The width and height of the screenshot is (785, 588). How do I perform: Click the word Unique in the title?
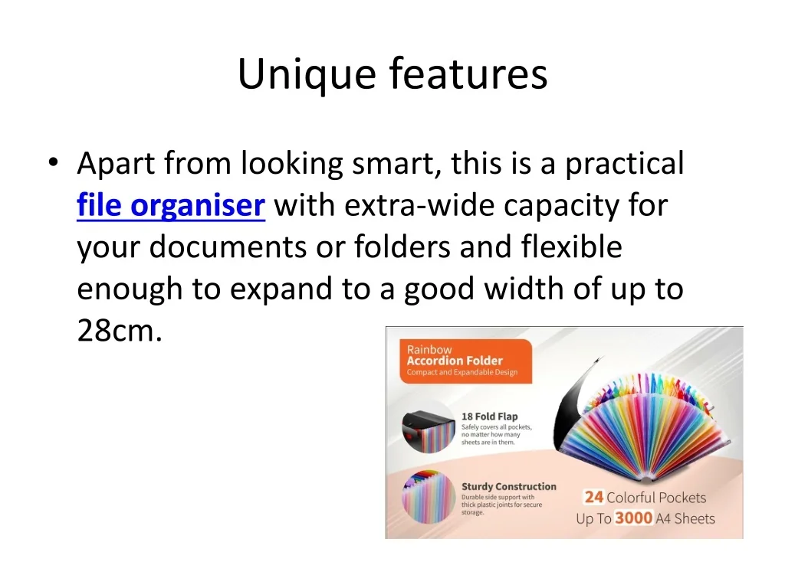pos(307,74)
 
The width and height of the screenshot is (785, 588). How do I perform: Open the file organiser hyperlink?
pos(171,205)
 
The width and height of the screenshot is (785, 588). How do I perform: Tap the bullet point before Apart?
pos(54,162)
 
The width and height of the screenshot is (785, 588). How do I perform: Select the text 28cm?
pos(120,331)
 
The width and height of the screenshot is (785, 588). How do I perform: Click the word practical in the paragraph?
pos(624,164)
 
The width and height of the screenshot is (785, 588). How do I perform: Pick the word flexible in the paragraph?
pos(571,247)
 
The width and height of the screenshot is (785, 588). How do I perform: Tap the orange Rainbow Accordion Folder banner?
pos(465,361)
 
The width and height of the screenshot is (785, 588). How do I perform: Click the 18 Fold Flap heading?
pos(489,416)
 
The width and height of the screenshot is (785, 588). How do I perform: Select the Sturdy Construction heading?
pos(509,486)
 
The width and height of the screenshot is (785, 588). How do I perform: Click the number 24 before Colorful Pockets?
pos(594,497)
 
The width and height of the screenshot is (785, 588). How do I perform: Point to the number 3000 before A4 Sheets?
pos(633,518)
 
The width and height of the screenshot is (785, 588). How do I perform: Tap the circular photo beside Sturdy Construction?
pos(428,496)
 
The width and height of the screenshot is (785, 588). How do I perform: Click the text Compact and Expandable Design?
pos(461,373)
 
